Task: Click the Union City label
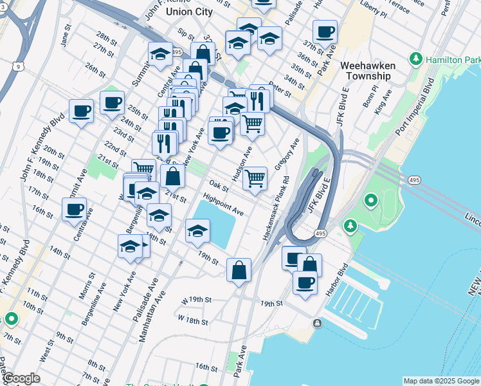pyautogui.click(x=188, y=12)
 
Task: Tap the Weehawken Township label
pyautogui.click(x=365, y=71)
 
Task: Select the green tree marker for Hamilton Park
pyautogui.click(x=416, y=60)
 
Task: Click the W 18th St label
pyautogui.click(x=193, y=320)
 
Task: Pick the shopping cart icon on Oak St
pyautogui.click(x=255, y=178)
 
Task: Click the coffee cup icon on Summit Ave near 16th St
pyautogui.click(x=75, y=208)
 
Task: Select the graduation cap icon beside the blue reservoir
pyautogui.click(x=197, y=230)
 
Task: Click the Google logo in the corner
pyautogui.click(x=21, y=379)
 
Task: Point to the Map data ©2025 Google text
pyautogui.click(x=440, y=381)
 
